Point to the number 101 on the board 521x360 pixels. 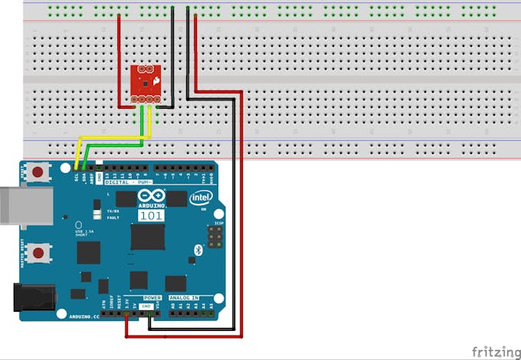pos(150,216)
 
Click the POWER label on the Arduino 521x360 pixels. pos(153,296)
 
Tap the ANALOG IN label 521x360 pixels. pos(184,296)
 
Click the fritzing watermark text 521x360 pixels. pos(494,352)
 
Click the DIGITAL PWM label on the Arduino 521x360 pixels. pos(127,182)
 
